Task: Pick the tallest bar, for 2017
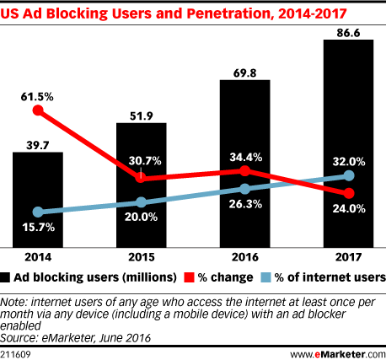tap(348, 142)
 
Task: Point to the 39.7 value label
tap(37, 142)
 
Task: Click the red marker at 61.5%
tap(37, 110)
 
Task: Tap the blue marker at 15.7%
tap(37, 212)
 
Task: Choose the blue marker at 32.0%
tap(348, 176)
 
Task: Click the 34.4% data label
tap(244, 156)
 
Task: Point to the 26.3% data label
tap(244, 203)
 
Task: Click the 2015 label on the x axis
tap(141, 258)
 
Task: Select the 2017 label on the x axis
tap(348, 258)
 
